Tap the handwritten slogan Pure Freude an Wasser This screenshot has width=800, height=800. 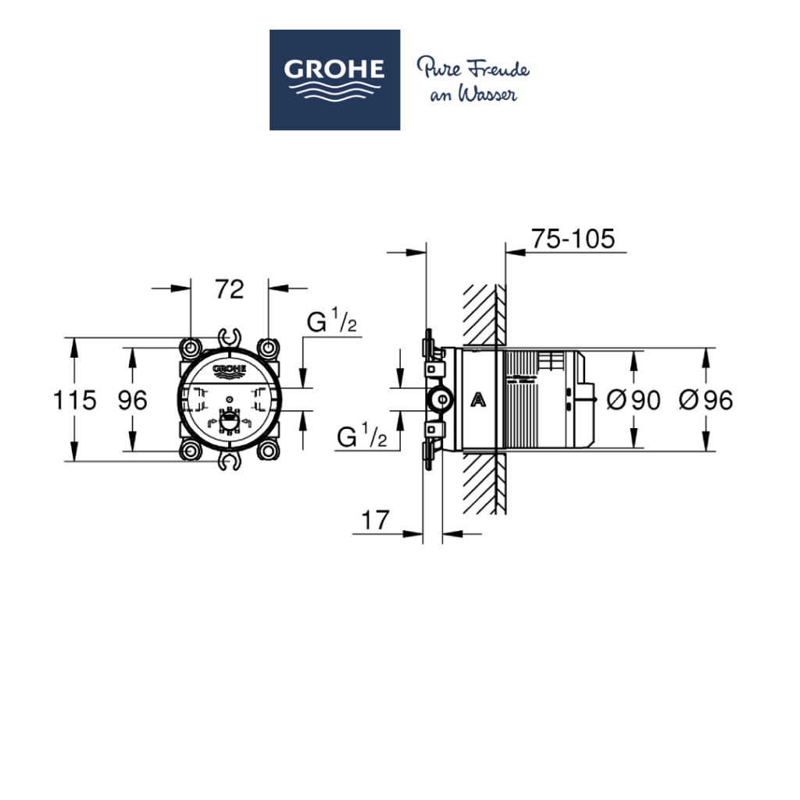472,80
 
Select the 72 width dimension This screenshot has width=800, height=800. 229,289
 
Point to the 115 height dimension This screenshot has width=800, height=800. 75,401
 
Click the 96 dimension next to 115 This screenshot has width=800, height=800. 132,401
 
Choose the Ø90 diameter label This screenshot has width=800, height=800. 633,401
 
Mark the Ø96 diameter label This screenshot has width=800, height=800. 705,401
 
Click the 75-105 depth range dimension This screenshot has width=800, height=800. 573,238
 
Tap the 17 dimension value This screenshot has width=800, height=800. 375,520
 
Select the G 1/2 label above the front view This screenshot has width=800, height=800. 331,322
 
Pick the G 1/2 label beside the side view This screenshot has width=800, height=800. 362,437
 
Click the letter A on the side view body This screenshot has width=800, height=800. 479,401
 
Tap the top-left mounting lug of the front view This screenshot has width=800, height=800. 191,346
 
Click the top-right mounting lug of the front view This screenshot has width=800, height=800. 268,346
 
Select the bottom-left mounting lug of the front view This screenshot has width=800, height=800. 191,451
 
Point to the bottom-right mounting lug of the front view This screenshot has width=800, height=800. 268,451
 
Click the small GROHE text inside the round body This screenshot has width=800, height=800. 230,369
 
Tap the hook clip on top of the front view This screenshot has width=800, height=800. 230,337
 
